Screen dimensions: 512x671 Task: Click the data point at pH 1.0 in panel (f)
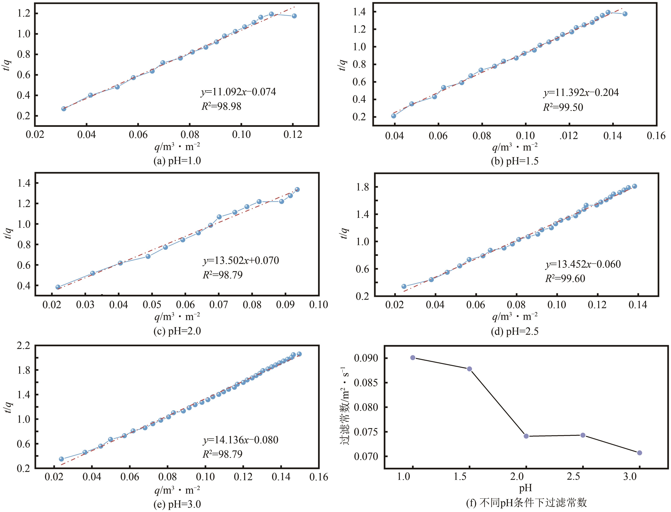(x=413, y=357)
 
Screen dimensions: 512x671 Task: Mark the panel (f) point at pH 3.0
(x=640, y=453)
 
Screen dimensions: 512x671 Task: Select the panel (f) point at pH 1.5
(x=469, y=369)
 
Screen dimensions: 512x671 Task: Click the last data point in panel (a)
(x=294, y=16)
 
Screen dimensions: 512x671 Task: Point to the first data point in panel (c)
(x=58, y=287)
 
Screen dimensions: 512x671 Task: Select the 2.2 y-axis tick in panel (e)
(x=24, y=346)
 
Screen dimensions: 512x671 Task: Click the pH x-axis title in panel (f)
(x=525, y=488)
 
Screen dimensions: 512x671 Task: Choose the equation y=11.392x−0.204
(x=581, y=93)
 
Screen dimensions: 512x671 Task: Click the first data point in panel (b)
(x=394, y=116)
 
